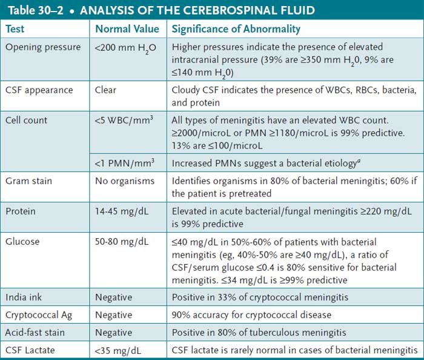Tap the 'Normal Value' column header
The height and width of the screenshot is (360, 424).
pyautogui.click(x=127, y=28)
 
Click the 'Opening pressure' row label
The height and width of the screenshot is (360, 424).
pyautogui.click(x=40, y=47)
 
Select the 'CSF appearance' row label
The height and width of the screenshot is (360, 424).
pyautogui.click(x=39, y=90)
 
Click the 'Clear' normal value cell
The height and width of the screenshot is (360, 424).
pyautogui.click(x=106, y=90)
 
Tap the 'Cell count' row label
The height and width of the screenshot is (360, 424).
pyautogui.click(x=27, y=120)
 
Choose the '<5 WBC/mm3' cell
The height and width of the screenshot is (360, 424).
pyautogui.click(x=125, y=119)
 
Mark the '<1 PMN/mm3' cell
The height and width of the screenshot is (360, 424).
pyautogui.click(x=124, y=162)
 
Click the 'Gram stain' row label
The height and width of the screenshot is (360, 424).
pyautogui.click(x=28, y=181)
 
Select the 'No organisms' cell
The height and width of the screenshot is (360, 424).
pyautogui.click(x=124, y=181)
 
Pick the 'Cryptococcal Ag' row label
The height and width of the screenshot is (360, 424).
pyautogui.click(x=39, y=315)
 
